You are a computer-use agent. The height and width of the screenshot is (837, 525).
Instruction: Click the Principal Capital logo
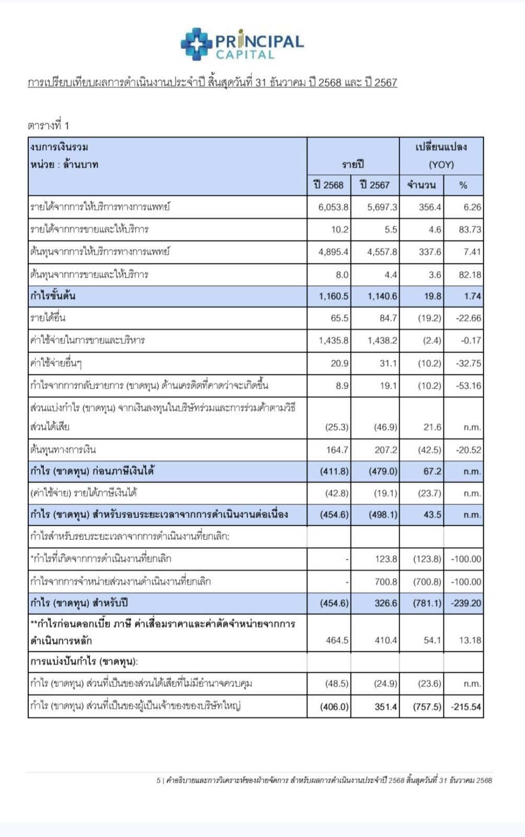(242, 44)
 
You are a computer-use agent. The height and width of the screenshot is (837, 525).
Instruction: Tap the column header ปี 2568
(328, 185)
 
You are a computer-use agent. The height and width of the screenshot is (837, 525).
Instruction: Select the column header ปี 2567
(375, 185)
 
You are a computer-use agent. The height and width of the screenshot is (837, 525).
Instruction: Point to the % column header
(463, 185)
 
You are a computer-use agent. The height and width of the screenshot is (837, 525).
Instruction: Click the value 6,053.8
(333, 207)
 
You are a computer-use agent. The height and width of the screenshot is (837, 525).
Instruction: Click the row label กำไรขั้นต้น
(53, 296)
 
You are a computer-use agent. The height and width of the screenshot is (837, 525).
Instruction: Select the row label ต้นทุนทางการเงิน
(63, 450)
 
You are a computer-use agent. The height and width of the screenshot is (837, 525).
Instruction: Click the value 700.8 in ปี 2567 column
(386, 582)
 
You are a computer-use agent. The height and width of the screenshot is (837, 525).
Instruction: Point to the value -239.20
(466, 603)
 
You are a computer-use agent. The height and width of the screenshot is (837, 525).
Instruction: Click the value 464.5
(337, 640)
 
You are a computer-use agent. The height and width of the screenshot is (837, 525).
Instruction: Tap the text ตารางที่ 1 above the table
(48, 126)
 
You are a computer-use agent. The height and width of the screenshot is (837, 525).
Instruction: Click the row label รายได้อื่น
(48, 318)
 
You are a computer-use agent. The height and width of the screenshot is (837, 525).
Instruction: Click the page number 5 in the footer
(158, 780)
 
